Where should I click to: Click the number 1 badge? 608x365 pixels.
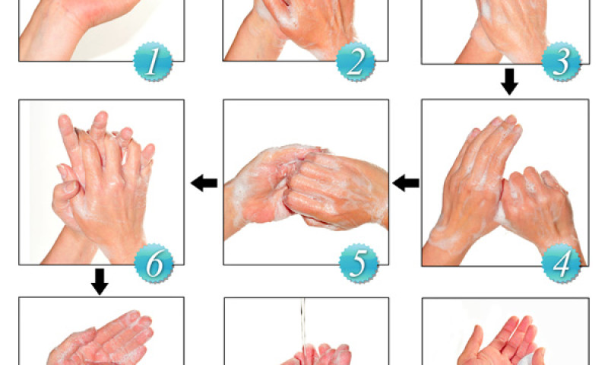[153, 62]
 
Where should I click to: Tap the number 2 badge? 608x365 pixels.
[356, 62]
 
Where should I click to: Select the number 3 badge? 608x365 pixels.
[561, 62]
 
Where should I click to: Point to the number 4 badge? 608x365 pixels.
[561, 263]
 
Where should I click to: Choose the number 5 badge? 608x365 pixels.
[359, 263]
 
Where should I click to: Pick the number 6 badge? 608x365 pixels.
[154, 263]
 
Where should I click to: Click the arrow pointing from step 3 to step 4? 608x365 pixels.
[509, 82]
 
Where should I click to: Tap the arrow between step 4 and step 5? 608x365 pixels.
[406, 182]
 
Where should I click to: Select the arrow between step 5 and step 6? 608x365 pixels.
[204, 182]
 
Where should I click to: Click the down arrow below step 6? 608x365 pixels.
[100, 282]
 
